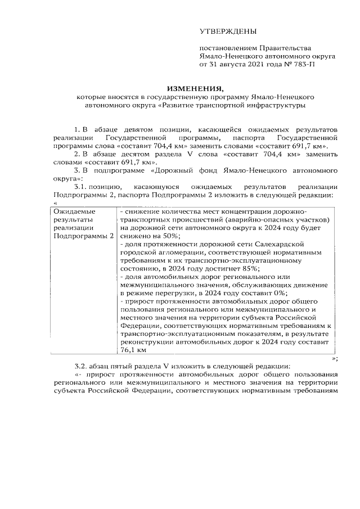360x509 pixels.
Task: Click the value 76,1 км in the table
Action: (133, 349)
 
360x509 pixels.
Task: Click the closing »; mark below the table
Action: (335, 358)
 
